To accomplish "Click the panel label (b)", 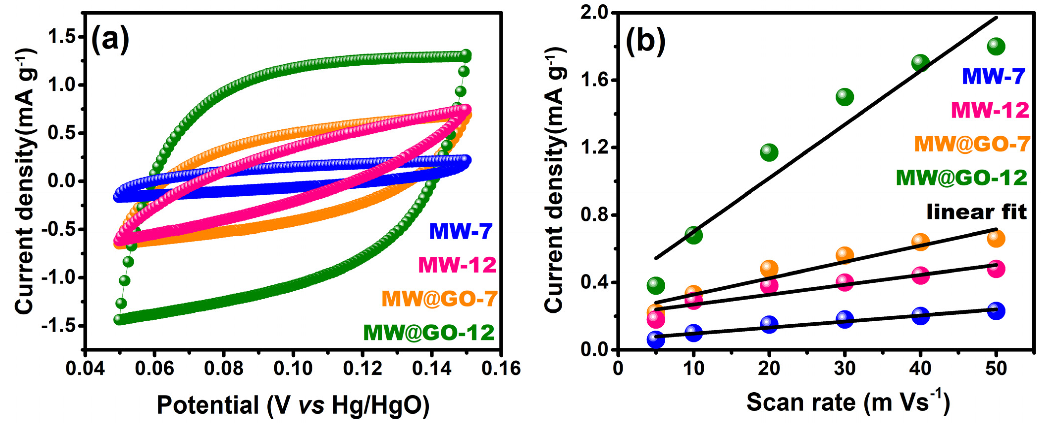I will [645, 41].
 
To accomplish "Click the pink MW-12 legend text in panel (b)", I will [990, 110].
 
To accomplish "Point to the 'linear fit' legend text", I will [976, 212].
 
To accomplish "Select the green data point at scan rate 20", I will [769, 152].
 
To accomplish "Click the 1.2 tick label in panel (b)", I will [594, 148].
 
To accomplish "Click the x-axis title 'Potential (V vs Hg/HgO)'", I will [293, 405].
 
